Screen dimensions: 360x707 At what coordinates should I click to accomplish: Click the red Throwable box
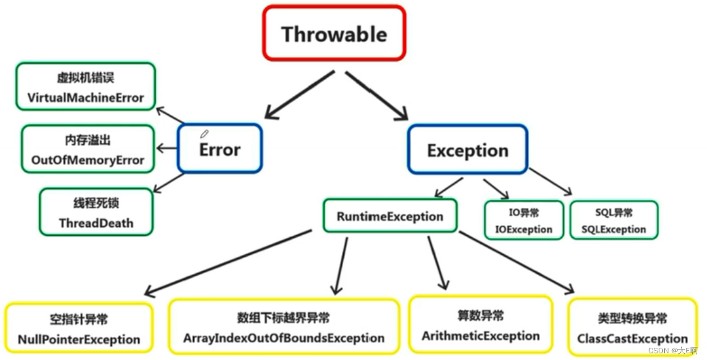[334, 34]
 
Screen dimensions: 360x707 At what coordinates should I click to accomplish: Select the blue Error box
[220, 149]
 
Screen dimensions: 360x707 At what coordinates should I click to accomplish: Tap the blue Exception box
[467, 150]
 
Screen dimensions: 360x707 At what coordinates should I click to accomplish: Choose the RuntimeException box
[390, 216]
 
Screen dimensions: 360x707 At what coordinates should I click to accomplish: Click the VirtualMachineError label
[86, 98]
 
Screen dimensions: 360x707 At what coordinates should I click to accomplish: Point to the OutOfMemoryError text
[87, 160]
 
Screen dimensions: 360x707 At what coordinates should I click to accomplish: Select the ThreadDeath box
[96, 212]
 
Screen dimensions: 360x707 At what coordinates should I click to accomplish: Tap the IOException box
[524, 221]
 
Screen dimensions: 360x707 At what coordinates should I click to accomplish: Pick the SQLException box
[613, 221]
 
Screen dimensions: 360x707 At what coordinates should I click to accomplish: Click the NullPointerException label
[79, 339]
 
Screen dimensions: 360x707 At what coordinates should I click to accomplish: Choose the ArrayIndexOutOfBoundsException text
[284, 338]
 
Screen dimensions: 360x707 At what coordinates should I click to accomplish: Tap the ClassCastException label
[632, 339]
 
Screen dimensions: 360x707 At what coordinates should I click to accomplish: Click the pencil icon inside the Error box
[204, 134]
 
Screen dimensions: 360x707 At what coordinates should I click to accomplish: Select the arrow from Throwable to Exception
[376, 95]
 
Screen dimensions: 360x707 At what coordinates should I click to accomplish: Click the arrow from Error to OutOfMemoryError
[167, 148]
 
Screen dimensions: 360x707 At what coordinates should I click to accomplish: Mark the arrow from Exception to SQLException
[550, 182]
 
